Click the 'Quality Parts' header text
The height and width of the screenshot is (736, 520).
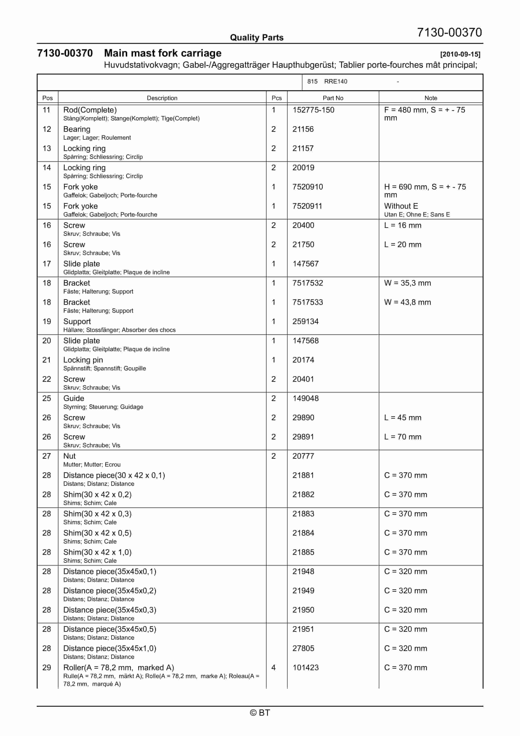tap(257, 38)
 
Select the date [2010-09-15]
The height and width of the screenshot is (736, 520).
tap(460, 54)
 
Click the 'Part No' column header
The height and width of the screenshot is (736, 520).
tap(333, 98)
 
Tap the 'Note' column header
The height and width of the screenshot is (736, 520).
tap(431, 98)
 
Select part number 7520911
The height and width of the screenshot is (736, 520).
tap(307, 206)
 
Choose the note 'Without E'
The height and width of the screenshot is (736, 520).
tap(401, 206)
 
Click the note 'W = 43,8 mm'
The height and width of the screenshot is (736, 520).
tap(407, 302)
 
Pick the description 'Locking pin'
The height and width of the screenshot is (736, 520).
tap(83, 360)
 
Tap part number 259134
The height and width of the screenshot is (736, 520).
tap(305, 321)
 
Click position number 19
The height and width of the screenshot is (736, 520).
tap(47, 321)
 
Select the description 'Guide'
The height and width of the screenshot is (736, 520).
tap(74, 398)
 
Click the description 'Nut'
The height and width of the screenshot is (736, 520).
tap(69, 456)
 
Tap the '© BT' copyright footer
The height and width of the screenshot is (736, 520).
tap(260, 713)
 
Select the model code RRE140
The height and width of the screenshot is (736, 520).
tap(335, 82)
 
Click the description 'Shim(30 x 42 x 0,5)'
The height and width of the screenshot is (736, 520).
tap(97, 533)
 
